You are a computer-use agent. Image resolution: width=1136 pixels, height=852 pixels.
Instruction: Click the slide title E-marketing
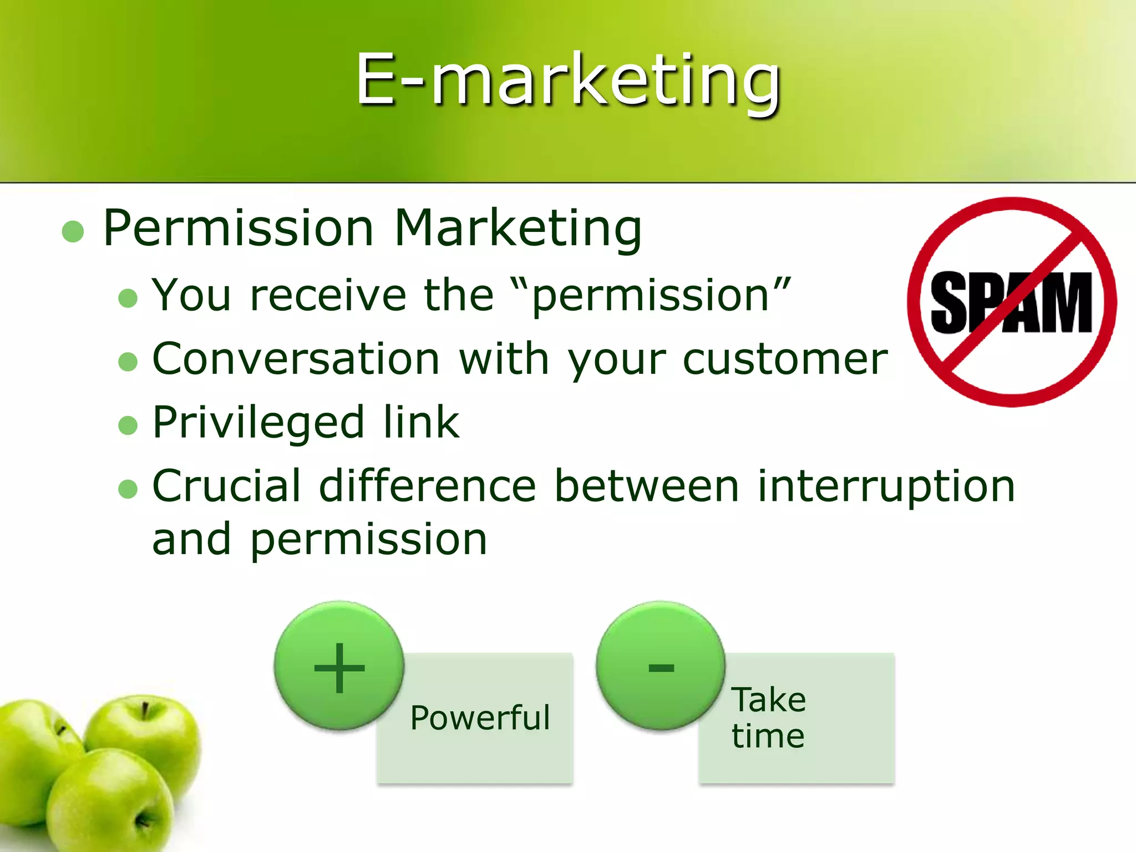click(x=568, y=80)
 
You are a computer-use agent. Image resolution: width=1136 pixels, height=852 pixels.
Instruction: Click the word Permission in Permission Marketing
click(x=239, y=229)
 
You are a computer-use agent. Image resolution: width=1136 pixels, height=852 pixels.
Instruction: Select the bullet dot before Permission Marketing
click(x=73, y=231)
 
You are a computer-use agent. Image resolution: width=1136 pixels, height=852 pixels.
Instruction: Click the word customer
click(x=785, y=360)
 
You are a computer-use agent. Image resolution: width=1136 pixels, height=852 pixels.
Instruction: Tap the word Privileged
click(x=258, y=423)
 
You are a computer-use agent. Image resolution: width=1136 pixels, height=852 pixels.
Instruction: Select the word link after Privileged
click(x=421, y=423)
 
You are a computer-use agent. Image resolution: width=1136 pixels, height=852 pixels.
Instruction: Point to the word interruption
click(x=886, y=486)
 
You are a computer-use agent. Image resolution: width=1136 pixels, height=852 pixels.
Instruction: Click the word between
click(x=647, y=486)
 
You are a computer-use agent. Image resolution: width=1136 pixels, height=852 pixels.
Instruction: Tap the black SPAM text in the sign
click(x=1011, y=303)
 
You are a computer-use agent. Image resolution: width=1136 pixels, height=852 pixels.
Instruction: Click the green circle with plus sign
click(x=339, y=666)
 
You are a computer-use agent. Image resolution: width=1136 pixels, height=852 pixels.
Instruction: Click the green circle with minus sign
click(x=661, y=666)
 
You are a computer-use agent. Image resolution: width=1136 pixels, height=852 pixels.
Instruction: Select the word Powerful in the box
click(x=480, y=718)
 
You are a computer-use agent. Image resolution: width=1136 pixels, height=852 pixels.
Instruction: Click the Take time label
click(x=768, y=718)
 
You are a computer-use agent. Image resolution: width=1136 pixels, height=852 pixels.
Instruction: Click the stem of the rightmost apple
click(x=145, y=709)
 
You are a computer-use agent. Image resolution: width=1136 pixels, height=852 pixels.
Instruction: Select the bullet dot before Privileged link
click(x=128, y=425)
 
